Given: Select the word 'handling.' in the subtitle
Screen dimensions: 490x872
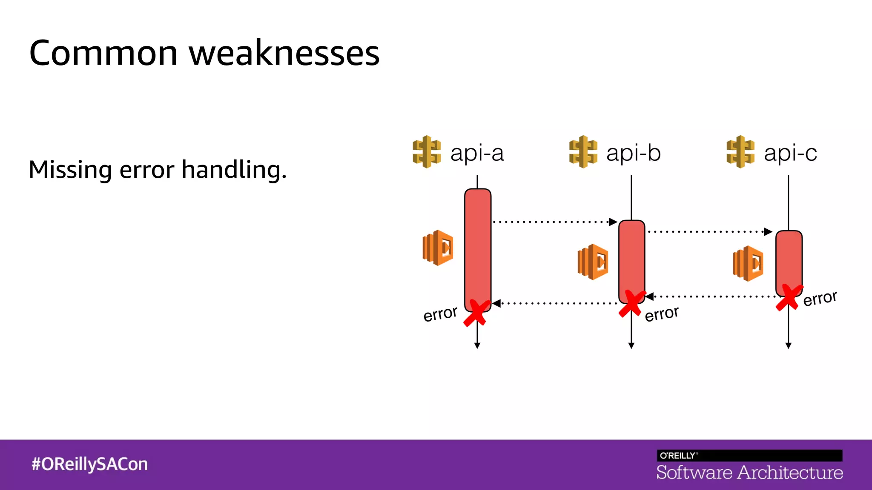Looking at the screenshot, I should click(x=234, y=170).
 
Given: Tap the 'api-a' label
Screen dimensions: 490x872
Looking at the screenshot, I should click(x=477, y=153).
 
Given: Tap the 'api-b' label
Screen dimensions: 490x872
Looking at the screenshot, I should click(x=633, y=153).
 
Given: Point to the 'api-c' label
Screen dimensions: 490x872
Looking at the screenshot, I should click(x=790, y=153).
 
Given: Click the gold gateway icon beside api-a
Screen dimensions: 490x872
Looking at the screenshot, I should click(x=426, y=152).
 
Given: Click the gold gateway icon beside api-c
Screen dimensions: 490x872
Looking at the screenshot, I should click(x=740, y=152).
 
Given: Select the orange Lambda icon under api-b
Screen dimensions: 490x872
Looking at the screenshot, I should click(x=593, y=262).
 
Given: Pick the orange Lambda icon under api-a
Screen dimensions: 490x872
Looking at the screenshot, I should click(x=438, y=248).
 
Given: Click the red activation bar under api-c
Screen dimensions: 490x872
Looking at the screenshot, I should click(x=789, y=259).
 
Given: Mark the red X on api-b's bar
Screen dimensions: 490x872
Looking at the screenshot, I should click(x=631, y=303).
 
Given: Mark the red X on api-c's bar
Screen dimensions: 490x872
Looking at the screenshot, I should click(x=789, y=297).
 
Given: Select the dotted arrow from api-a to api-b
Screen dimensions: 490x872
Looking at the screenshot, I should click(x=554, y=222).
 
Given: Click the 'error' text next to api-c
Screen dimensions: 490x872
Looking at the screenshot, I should click(x=820, y=298).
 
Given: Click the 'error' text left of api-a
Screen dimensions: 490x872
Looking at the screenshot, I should click(x=440, y=314).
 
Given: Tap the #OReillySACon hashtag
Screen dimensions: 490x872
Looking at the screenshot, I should click(x=89, y=464).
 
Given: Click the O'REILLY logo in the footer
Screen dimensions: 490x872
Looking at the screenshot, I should click(x=678, y=456).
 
